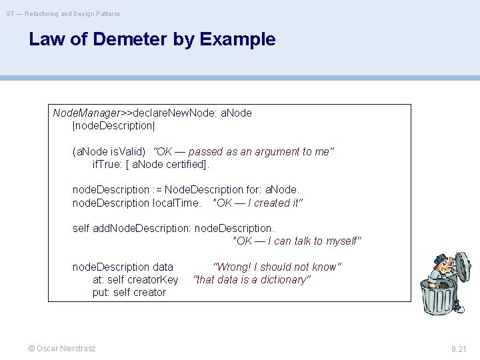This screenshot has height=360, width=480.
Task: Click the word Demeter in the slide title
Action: coord(126,39)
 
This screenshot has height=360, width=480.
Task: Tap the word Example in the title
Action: coord(237,39)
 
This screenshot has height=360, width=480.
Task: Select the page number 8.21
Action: coord(460,349)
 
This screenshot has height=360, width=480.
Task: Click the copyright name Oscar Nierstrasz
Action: coord(65,349)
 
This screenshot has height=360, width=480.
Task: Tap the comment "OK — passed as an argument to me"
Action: coord(243,151)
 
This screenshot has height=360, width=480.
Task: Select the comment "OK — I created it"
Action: coord(257,203)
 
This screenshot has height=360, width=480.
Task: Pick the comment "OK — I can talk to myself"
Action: coord(297,241)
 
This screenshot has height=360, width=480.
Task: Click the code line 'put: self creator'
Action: coord(129,292)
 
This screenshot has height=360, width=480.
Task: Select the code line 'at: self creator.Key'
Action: coord(135,279)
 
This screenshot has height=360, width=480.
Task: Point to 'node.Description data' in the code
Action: coord(123,267)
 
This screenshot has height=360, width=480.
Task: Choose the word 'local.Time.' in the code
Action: coord(177,203)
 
